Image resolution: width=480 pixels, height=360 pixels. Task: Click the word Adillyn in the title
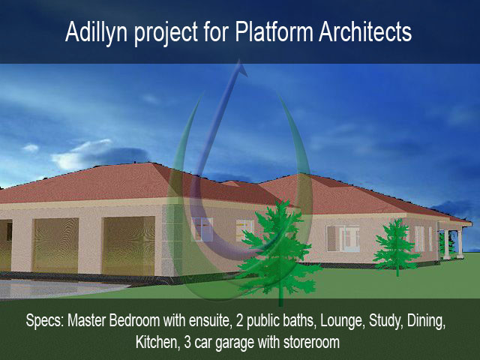(96, 32)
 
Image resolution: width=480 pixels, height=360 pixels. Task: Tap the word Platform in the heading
(274, 31)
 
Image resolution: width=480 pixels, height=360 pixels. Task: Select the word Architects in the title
(365, 31)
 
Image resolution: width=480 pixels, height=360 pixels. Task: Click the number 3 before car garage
(187, 342)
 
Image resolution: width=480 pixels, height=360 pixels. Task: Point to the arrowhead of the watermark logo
(241, 68)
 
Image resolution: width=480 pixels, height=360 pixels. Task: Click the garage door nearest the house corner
(128, 246)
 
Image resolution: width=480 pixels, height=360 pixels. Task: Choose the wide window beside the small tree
(343, 238)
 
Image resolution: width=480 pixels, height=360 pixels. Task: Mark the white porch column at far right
(460, 243)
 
